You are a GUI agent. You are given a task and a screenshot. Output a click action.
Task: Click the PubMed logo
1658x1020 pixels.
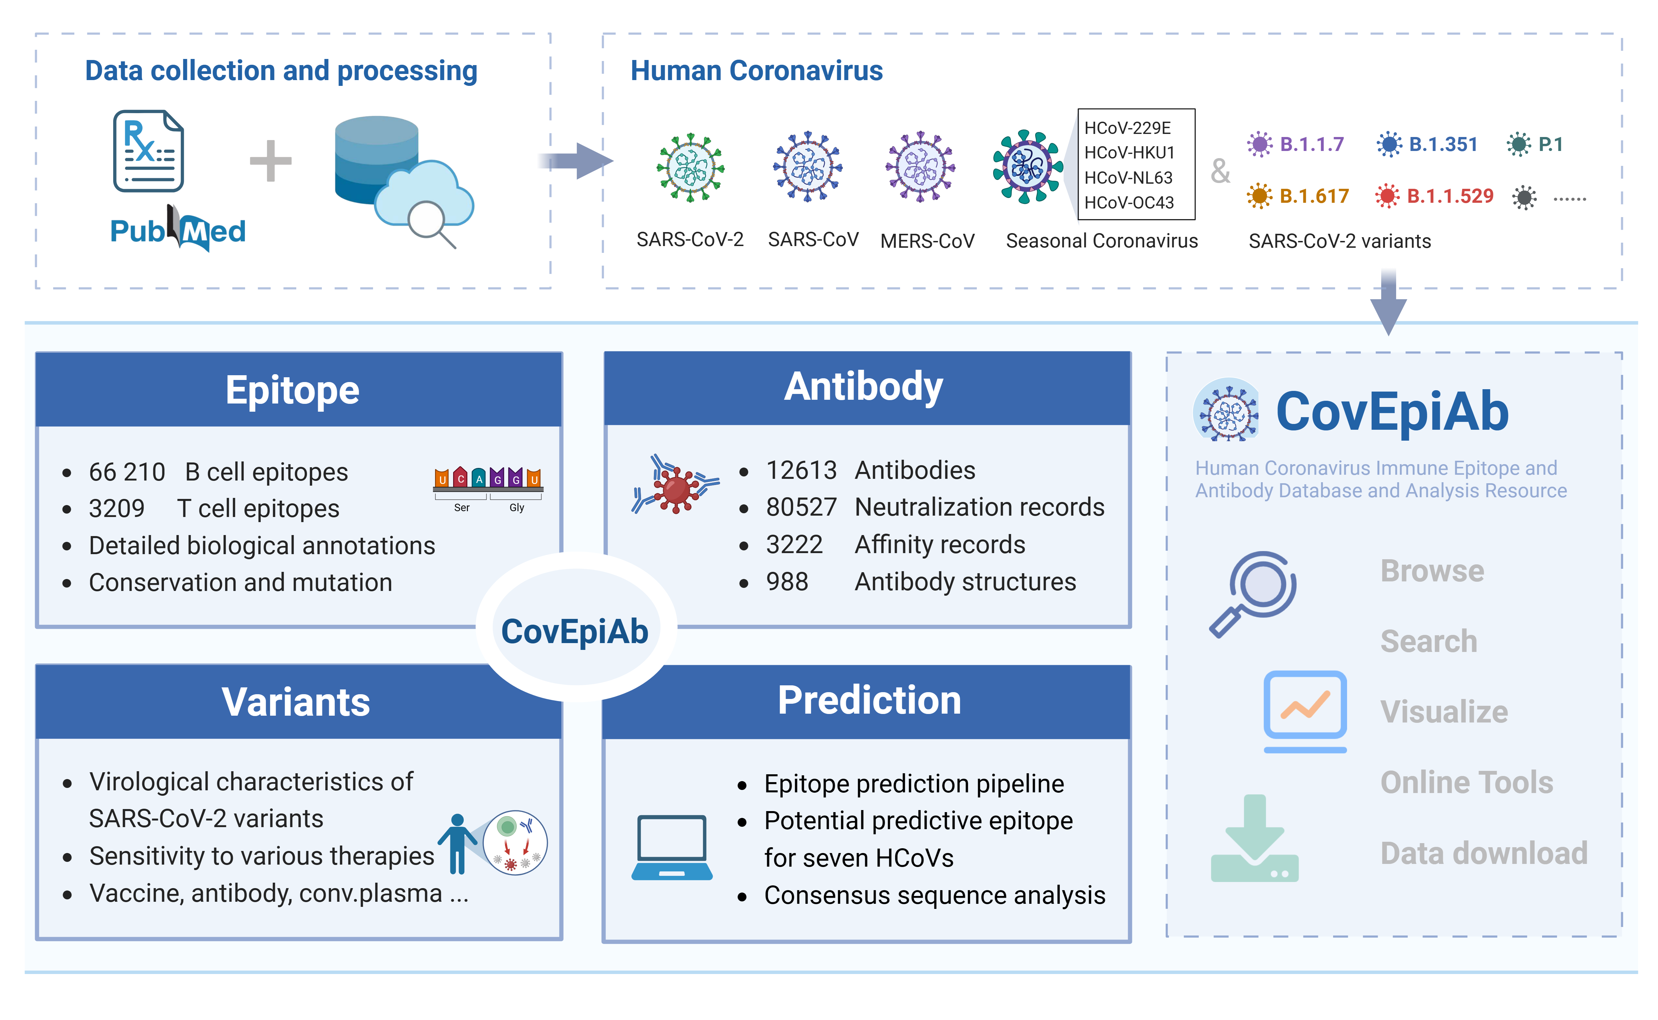click(178, 231)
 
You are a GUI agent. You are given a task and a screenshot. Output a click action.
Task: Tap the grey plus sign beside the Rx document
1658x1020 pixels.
click(270, 161)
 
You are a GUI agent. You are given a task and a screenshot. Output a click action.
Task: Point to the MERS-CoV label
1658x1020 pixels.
click(927, 241)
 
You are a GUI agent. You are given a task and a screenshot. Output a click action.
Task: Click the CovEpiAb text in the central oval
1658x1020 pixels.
click(574, 631)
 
